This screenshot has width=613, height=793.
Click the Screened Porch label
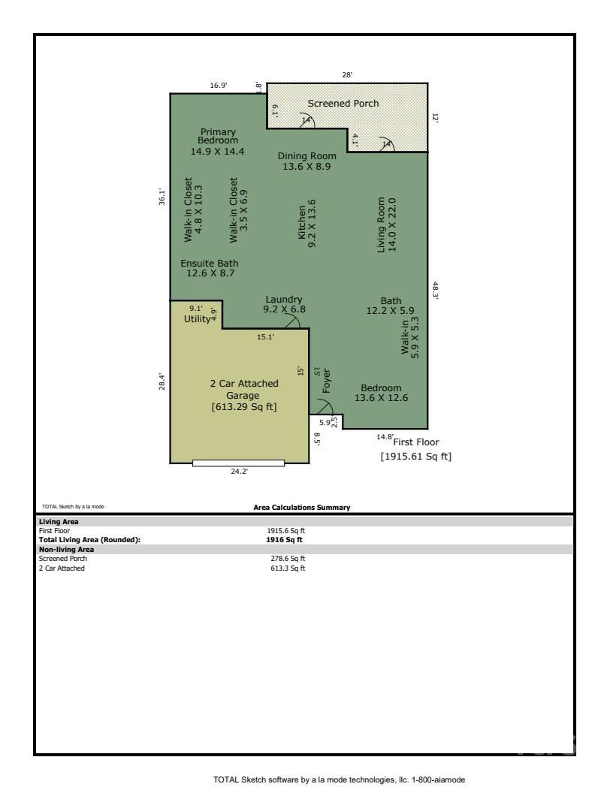point(343,104)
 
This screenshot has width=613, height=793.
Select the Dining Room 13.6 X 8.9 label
point(306,161)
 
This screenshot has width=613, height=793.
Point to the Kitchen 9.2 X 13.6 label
point(306,224)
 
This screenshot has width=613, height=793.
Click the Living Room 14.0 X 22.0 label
point(386,225)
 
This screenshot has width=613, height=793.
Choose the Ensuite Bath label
point(210,268)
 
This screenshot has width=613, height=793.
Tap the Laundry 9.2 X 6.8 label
point(284,304)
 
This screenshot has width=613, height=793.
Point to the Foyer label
point(327,381)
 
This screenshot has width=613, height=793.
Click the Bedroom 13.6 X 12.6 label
point(382,393)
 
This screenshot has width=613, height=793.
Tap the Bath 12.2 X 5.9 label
point(391,306)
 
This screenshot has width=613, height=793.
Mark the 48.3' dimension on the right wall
point(434,291)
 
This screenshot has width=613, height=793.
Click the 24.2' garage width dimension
point(239,472)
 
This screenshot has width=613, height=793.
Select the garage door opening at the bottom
point(238,463)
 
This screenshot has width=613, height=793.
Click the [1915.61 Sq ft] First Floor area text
point(415,457)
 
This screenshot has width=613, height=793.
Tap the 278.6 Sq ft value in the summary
point(288,559)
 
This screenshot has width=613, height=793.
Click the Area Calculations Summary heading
point(302,508)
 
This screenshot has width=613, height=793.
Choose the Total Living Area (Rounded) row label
point(89,539)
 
